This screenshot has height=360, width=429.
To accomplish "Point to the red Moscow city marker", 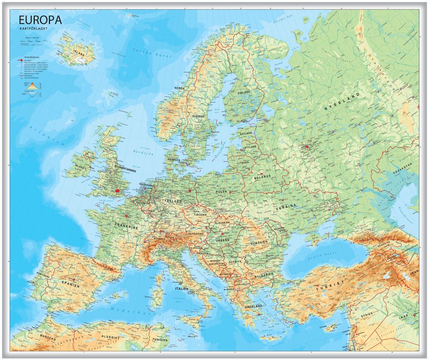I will tap(307, 146).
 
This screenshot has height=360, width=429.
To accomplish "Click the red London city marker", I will tap(118, 190).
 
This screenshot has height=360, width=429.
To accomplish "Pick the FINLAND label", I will tap(244, 92).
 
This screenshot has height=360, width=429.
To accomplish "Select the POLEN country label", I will tap(222, 191).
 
